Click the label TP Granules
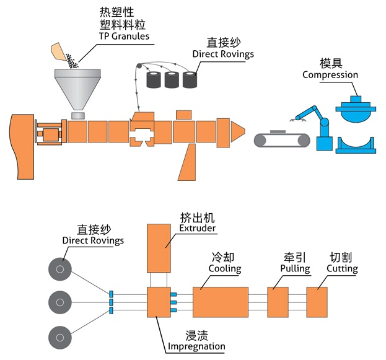[124, 36]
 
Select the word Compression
[330, 75]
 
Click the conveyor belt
[282, 139]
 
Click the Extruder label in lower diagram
[197, 228]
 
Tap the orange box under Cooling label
[221, 302]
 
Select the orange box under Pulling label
[278, 302]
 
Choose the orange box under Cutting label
[317, 302]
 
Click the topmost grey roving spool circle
[60, 270]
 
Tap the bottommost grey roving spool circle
[60, 336]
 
